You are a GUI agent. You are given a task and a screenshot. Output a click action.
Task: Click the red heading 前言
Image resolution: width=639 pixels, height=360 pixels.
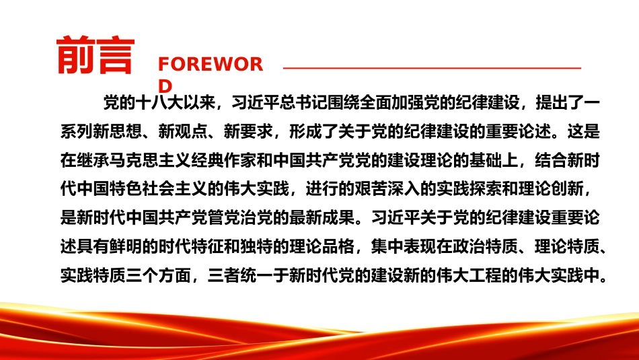[96, 55]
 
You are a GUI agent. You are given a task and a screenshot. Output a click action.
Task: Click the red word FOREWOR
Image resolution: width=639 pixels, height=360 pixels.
[211, 65]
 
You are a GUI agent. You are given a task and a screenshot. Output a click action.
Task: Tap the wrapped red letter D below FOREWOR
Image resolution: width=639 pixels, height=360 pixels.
[165, 86]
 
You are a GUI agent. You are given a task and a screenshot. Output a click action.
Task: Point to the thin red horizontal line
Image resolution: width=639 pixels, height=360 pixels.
[432, 68]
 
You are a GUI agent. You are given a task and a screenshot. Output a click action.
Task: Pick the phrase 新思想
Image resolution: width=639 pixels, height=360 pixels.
[118, 131]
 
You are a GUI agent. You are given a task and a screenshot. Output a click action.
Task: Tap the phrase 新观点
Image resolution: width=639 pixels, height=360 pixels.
[183, 131]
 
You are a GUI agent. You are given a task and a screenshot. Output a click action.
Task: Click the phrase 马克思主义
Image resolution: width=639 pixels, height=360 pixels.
[151, 160]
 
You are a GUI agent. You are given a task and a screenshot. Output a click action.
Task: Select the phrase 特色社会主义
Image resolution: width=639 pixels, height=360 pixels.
[159, 189]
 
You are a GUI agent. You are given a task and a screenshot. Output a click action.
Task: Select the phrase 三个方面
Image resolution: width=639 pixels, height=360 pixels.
[159, 276]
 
